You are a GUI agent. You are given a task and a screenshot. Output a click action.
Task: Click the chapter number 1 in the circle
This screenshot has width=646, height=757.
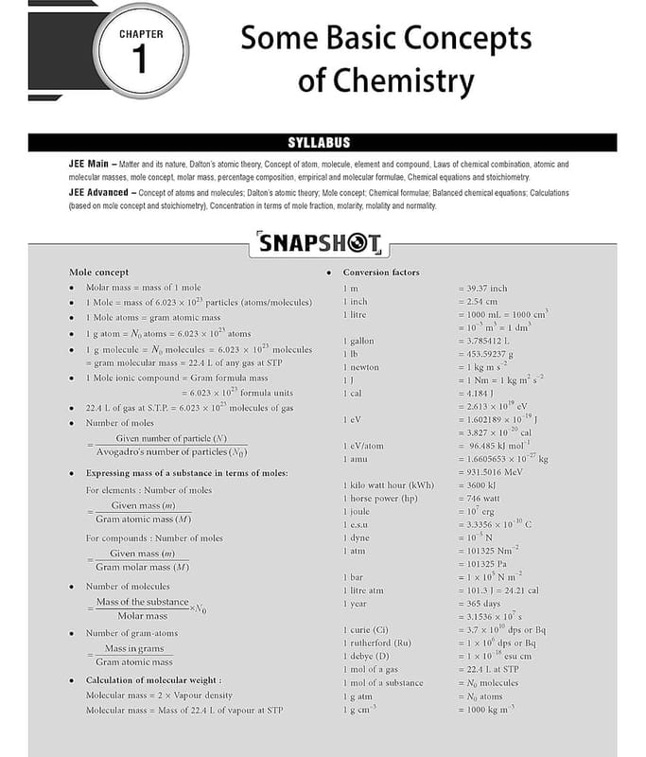coord(141,60)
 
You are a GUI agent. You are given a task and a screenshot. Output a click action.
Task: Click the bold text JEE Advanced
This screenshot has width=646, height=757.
coord(97,192)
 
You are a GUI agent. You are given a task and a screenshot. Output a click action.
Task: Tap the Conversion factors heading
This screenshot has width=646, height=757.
coord(380,273)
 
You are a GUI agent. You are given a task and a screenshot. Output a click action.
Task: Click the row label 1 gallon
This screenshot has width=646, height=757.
coord(358,341)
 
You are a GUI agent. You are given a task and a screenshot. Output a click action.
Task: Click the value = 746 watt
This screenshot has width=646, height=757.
coord(480,498)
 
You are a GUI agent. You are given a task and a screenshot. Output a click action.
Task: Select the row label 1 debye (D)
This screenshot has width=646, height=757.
coord(366,656)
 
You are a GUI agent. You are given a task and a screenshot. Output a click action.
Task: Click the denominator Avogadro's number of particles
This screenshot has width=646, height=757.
coord(170,452)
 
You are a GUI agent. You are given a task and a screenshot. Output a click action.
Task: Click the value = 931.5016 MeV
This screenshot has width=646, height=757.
coord(495,471)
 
